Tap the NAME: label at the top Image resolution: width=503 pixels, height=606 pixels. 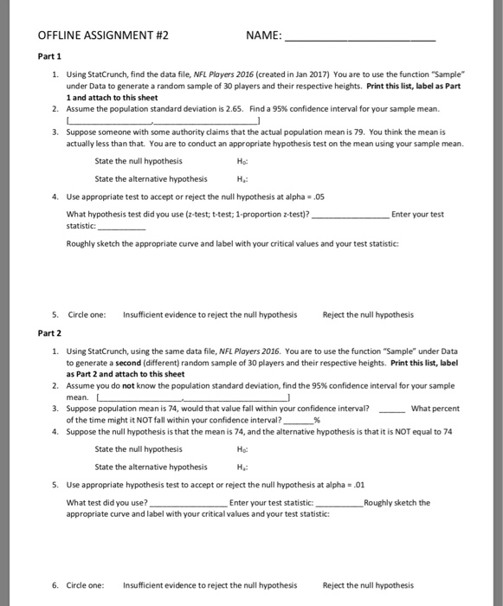pos(263,36)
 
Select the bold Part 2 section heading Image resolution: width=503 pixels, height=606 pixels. pos(49,332)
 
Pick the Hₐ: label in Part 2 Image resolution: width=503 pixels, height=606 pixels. pos(241,466)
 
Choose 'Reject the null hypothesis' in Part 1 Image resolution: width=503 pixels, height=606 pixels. pos(367,314)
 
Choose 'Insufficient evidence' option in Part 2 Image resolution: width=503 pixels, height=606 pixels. pos(210,585)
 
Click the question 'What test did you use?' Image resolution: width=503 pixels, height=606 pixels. pos(107,503)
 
